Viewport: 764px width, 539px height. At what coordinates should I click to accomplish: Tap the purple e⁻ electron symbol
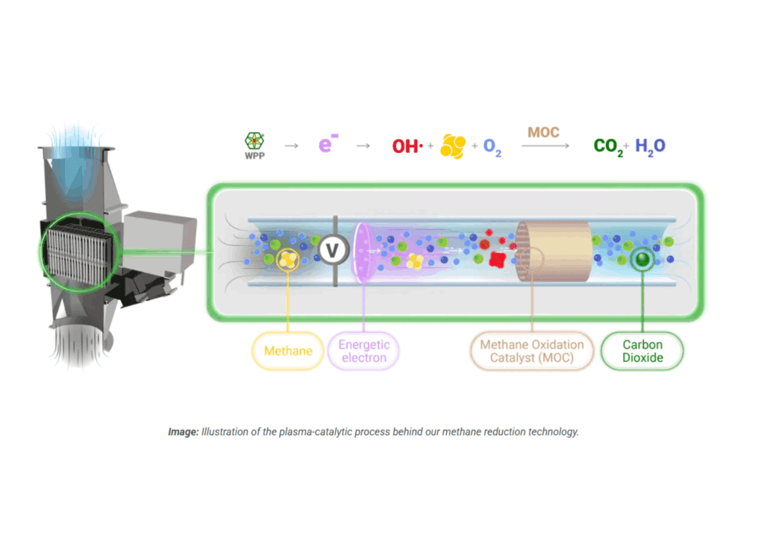tap(325, 145)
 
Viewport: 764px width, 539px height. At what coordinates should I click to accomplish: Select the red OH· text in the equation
tap(407, 146)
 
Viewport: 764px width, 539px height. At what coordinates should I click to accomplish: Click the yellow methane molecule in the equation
tap(453, 146)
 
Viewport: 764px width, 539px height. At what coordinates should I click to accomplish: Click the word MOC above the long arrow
tap(543, 133)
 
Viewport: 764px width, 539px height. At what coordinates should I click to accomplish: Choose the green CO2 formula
tap(609, 146)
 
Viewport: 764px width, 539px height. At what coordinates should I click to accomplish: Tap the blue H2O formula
tap(650, 146)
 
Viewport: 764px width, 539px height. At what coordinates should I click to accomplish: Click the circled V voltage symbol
tap(334, 251)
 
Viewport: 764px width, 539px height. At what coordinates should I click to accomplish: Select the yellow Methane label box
tap(288, 351)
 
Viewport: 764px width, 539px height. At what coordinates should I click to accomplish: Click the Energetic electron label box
tap(364, 351)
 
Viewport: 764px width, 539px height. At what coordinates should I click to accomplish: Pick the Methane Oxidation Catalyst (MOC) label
tap(531, 351)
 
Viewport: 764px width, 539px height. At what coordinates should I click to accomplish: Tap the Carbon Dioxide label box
tap(642, 351)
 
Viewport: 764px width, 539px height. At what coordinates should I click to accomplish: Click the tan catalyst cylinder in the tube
tap(554, 252)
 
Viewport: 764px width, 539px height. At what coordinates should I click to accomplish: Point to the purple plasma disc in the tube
tap(363, 252)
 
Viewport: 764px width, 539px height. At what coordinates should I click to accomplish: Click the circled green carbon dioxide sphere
tap(640, 259)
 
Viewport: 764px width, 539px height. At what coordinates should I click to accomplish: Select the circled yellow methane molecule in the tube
tap(289, 259)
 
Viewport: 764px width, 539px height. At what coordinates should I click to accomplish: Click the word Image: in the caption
tap(183, 432)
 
